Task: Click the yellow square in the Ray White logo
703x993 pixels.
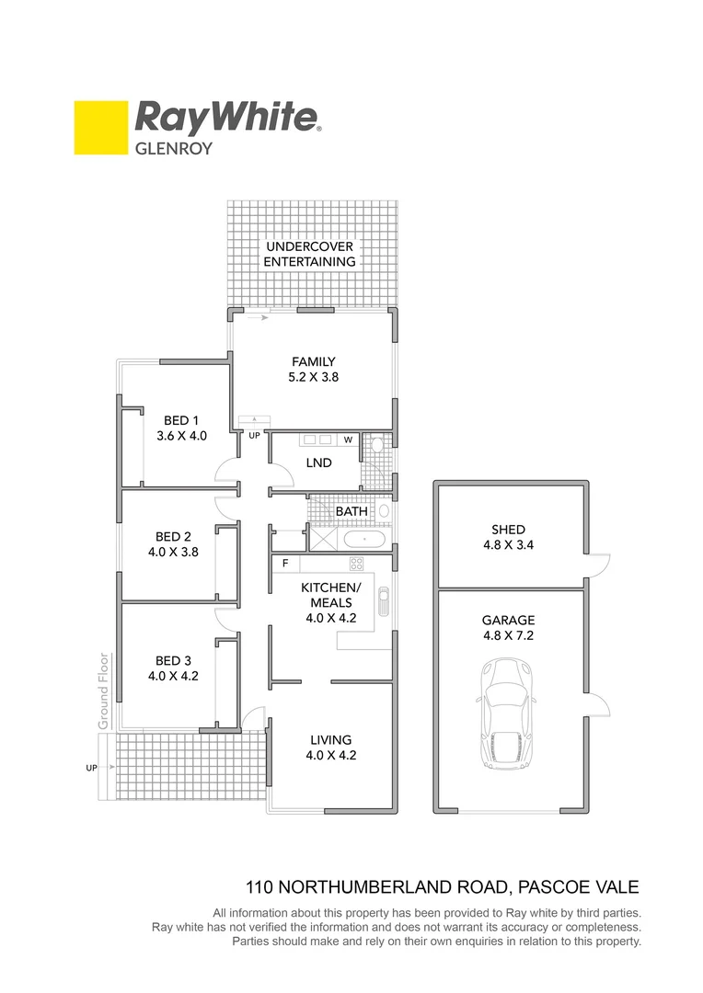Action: point(100,128)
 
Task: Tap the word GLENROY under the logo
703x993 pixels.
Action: point(174,147)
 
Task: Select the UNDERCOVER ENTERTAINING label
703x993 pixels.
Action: point(309,254)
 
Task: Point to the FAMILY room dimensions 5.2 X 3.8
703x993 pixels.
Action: point(314,376)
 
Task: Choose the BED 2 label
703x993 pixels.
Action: point(173,537)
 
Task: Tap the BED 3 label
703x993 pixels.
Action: point(173,660)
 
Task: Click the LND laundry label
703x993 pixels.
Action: point(318,463)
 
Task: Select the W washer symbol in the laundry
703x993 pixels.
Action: point(349,439)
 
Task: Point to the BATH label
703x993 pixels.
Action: point(351,511)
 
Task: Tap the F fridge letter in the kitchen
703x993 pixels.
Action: point(285,563)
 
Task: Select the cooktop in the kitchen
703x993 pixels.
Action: point(356,564)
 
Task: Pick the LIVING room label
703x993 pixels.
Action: point(330,739)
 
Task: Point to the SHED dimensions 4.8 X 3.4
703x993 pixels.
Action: point(508,543)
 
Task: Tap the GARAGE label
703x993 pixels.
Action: point(508,621)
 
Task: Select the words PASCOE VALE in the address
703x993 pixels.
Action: point(577,887)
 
